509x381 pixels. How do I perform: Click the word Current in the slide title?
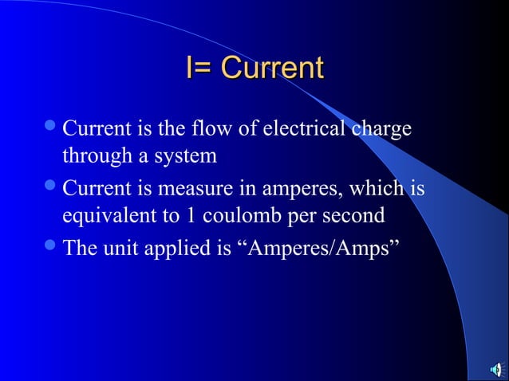point(272,68)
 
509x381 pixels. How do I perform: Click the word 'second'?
point(357,217)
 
